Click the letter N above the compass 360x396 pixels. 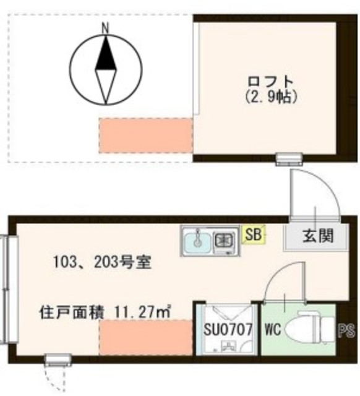click(106, 27)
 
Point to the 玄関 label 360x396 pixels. click(317, 235)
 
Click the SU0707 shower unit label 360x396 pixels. click(228, 330)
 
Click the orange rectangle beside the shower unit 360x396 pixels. click(146, 337)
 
